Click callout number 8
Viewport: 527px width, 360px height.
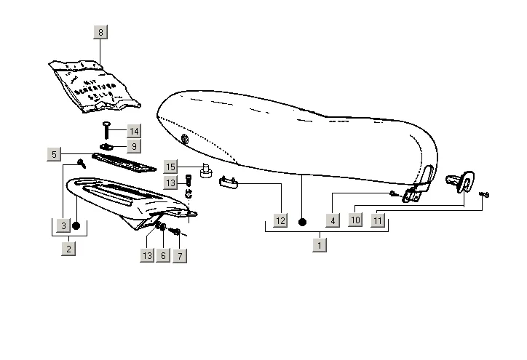click(x=100, y=32)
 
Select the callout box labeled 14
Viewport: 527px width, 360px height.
click(x=133, y=131)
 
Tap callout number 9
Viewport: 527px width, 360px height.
click(x=133, y=146)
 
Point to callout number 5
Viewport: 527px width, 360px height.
click(x=54, y=154)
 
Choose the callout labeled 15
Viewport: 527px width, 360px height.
click(x=170, y=167)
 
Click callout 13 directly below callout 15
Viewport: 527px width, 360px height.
click(x=170, y=181)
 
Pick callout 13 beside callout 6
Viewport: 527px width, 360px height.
click(x=148, y=256)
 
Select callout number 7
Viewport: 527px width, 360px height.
click(x=179, y=256)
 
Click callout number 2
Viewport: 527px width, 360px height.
click(x=68, y=249)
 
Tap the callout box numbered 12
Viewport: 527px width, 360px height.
click(x=281, y=220)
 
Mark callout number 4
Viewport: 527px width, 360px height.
click(x=333, y=220)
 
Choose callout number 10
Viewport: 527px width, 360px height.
click(x=354, y=220)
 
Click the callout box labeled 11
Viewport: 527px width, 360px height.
click(x=378, y=220)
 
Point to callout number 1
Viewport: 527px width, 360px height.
click(x=319, y=245)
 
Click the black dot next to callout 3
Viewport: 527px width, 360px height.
click(x=76, y=226)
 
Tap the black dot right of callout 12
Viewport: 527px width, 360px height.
click(x=303, y=220)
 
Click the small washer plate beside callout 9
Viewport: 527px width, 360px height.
click(x=105, y=147)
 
